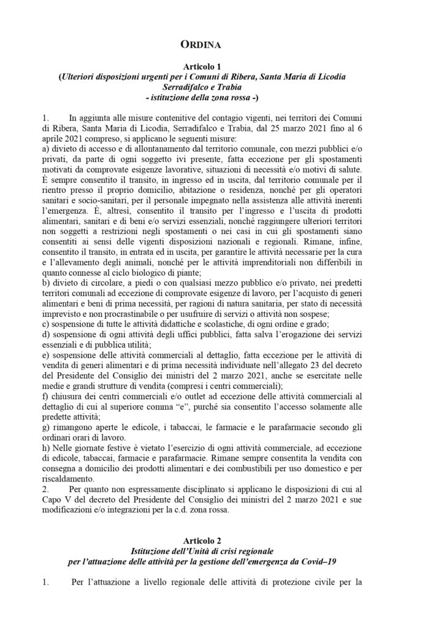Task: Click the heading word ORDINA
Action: point(221,45)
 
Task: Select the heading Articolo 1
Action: point(222,66)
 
